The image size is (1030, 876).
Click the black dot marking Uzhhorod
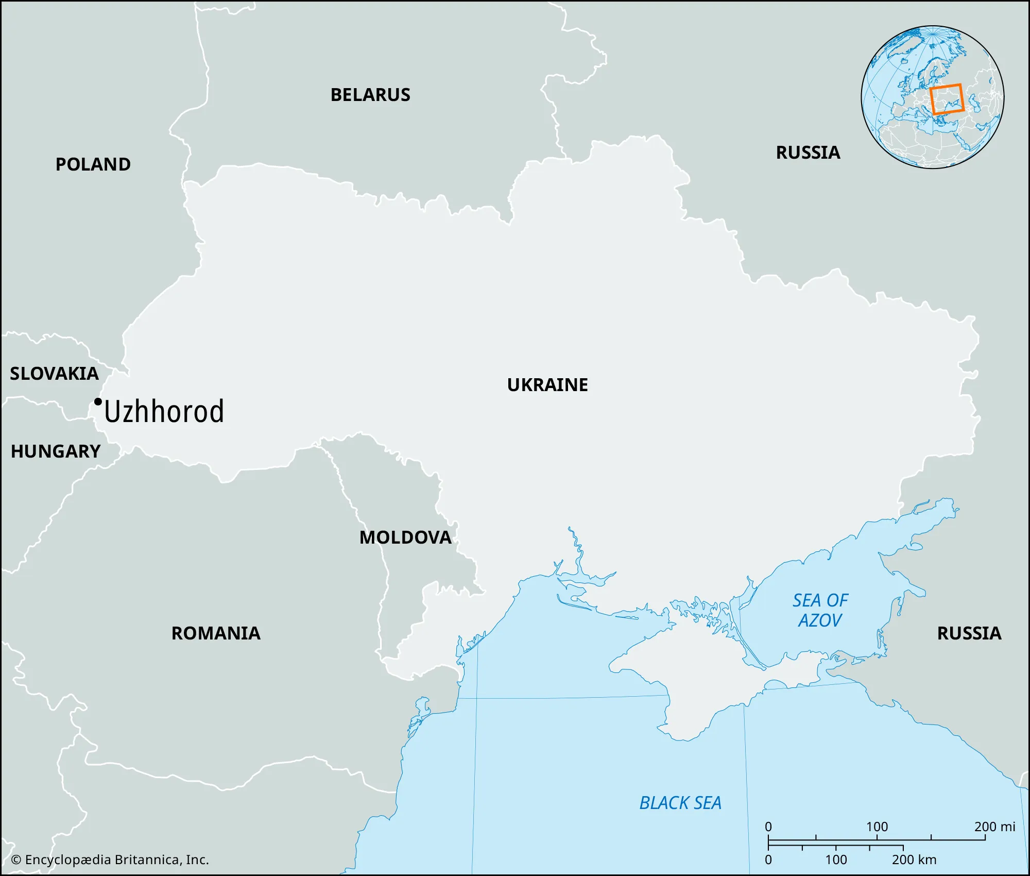pyautogui.click(x=98, y=402)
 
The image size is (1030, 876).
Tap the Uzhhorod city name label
pyautogui.click(x=164, y=412)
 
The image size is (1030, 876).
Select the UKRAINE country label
pyautogui.click(x=547, y=385)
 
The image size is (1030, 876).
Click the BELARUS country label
pyautogui.click(x=370, y=95)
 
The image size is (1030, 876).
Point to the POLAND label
pyautogui.click(x=93, y=164)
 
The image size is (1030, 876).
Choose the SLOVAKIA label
pyautogui.click(x=54, y=374)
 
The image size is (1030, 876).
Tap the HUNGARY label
pyautogui.click(x=56, y=451)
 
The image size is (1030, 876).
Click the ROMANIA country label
pyautogui.click(x=216, y=633)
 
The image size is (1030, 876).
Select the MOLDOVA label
pyautogui.click(x=405, y=537)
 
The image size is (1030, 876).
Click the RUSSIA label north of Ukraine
pyautogui.click(x=808, y=153)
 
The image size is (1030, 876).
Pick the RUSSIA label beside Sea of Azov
pyautogui.click(x=969, y=633)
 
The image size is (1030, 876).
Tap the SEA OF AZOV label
pyautogui.click(x=820, y=610)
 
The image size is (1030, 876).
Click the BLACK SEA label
pyautogui.click(x=680, y=803)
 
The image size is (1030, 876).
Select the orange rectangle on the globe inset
pyautogui.click(x=947, y=99)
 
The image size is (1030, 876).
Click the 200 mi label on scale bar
pyautogui.click(x=994, y=827)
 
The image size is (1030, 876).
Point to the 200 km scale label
pyautogui.click(x=914, y=860)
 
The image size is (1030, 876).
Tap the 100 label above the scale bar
pyautogui.click(x=877, y=827)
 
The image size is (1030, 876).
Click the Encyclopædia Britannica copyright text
pyautogui.click(x=110, y=860)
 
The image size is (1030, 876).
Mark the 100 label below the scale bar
pyautogui.click(x=836, y=860)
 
